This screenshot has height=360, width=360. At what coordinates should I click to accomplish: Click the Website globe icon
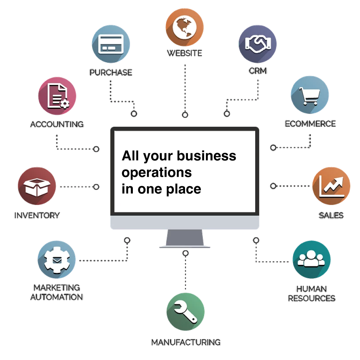pos(185,27)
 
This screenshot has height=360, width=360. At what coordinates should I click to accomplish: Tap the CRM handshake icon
pos(258,44)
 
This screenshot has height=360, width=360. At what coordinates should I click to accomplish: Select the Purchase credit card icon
pos(111,44)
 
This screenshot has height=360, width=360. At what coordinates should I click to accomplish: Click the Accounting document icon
pos(57,96)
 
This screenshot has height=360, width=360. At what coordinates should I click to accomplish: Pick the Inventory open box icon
pos(37,186)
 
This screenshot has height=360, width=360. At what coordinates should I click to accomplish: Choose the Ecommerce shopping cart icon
pos(310,95)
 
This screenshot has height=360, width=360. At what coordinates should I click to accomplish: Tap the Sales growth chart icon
pos(331,186)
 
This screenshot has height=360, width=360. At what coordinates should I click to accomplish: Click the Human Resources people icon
pos(311,260)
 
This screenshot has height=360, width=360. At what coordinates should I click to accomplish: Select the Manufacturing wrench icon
pos(185,312)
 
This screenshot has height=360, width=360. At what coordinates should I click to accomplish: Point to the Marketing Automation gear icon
pos(57,260)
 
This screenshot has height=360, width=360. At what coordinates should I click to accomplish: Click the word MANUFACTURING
pos(186,342)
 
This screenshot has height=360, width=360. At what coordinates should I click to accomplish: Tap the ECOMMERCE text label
pos(310,124)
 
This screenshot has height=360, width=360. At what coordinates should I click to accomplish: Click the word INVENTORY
pos(37,215)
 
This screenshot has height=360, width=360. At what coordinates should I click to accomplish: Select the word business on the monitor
pos(206,156)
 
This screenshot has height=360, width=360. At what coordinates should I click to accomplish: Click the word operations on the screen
pos(157,173)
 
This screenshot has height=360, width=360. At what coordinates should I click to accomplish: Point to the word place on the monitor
pos(184,190)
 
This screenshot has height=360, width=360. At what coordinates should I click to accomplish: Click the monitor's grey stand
pos(185,238)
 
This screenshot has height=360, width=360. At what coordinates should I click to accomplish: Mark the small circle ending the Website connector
pos(185,115)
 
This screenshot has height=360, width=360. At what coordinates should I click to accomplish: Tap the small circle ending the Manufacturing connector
pos(185,253)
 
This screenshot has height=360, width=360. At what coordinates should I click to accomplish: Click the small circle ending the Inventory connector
pos(96,187)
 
